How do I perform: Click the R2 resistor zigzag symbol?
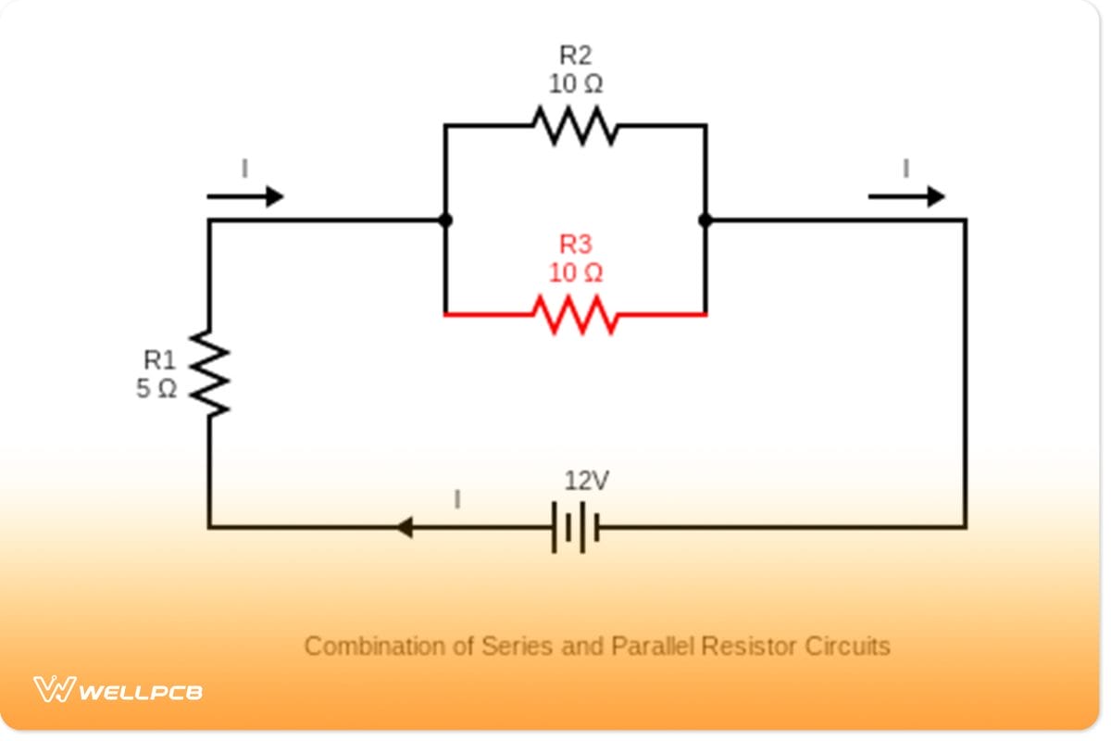coord(575,126)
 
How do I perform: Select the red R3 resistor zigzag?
coord(575,315)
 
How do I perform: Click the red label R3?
coord(575,245)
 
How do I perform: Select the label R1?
coord(158,359)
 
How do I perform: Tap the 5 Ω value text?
coord(156,389)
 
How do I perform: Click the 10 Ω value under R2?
coord(575,84)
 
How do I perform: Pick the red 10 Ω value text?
coord(575,273)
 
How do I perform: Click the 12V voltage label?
coord(587,482)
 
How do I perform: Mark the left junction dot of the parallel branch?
coord(445,220)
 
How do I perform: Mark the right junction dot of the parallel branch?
coord(705,220)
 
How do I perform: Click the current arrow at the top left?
coord(244,196)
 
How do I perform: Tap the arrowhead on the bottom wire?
coord(404,528)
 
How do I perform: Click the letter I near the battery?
coord(456,500)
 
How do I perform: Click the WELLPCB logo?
coord(119,690)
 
